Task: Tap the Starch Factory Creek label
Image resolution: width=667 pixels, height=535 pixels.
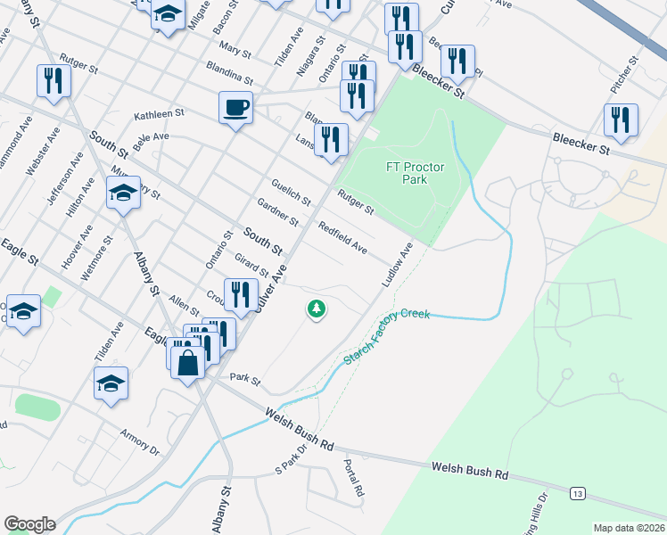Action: [387, 336]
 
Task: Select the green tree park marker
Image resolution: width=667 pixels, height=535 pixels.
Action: [316, 309]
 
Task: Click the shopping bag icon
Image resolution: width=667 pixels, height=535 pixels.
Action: [187, 364]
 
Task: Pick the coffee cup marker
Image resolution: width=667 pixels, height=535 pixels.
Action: [235, 108]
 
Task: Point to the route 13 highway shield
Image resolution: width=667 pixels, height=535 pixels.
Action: [580, 492]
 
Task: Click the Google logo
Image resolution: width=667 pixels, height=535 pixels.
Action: [29, 524]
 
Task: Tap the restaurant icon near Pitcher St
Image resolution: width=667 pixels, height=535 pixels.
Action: [621, 120]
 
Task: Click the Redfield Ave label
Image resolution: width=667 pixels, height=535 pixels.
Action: [343, 237]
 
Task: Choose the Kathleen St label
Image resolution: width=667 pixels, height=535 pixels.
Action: [159, 115]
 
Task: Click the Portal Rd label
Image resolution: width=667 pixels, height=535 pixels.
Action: [353, 479]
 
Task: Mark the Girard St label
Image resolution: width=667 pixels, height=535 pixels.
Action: [251, 264]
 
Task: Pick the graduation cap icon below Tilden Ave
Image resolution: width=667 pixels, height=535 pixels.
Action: [111, 383]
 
